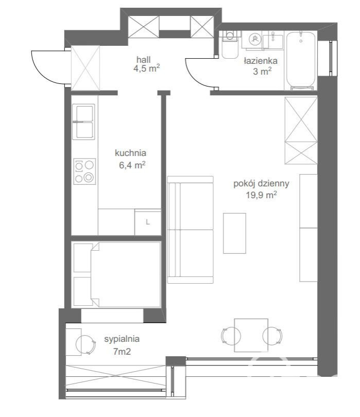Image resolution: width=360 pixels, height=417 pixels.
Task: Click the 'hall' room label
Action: pos(143,59)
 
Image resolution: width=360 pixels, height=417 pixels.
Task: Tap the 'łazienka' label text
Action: pos(261,61)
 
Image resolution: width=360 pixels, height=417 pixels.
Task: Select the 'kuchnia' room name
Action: pos(130,153)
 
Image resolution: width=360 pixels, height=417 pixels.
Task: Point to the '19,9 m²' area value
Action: pos(261,195)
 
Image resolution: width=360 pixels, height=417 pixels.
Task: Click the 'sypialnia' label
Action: pos(122,339)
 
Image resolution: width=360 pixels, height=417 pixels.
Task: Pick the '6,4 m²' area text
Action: pos(132,165)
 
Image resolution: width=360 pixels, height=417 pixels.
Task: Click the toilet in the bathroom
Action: pos(230,45)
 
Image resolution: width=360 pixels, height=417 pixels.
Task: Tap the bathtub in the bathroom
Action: pos(301,61)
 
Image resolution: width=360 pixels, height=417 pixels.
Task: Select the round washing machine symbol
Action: pos(254,39)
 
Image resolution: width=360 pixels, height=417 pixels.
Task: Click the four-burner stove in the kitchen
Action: pos(84,171)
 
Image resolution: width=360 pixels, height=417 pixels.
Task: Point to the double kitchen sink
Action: pos(83,122)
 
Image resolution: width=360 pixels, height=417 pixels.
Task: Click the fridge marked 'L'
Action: pos(148,222)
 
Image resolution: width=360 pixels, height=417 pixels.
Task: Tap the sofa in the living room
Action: pos(190,230)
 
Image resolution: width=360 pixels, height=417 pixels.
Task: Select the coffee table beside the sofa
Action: pos(234,233)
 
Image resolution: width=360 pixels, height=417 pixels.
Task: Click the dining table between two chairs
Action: pos(251,335)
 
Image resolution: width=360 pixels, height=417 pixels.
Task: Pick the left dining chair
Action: pos(230,336)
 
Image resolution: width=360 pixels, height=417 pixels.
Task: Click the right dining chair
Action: pos(272,336)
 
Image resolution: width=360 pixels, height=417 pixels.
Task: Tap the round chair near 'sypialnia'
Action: pos(85,344)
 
